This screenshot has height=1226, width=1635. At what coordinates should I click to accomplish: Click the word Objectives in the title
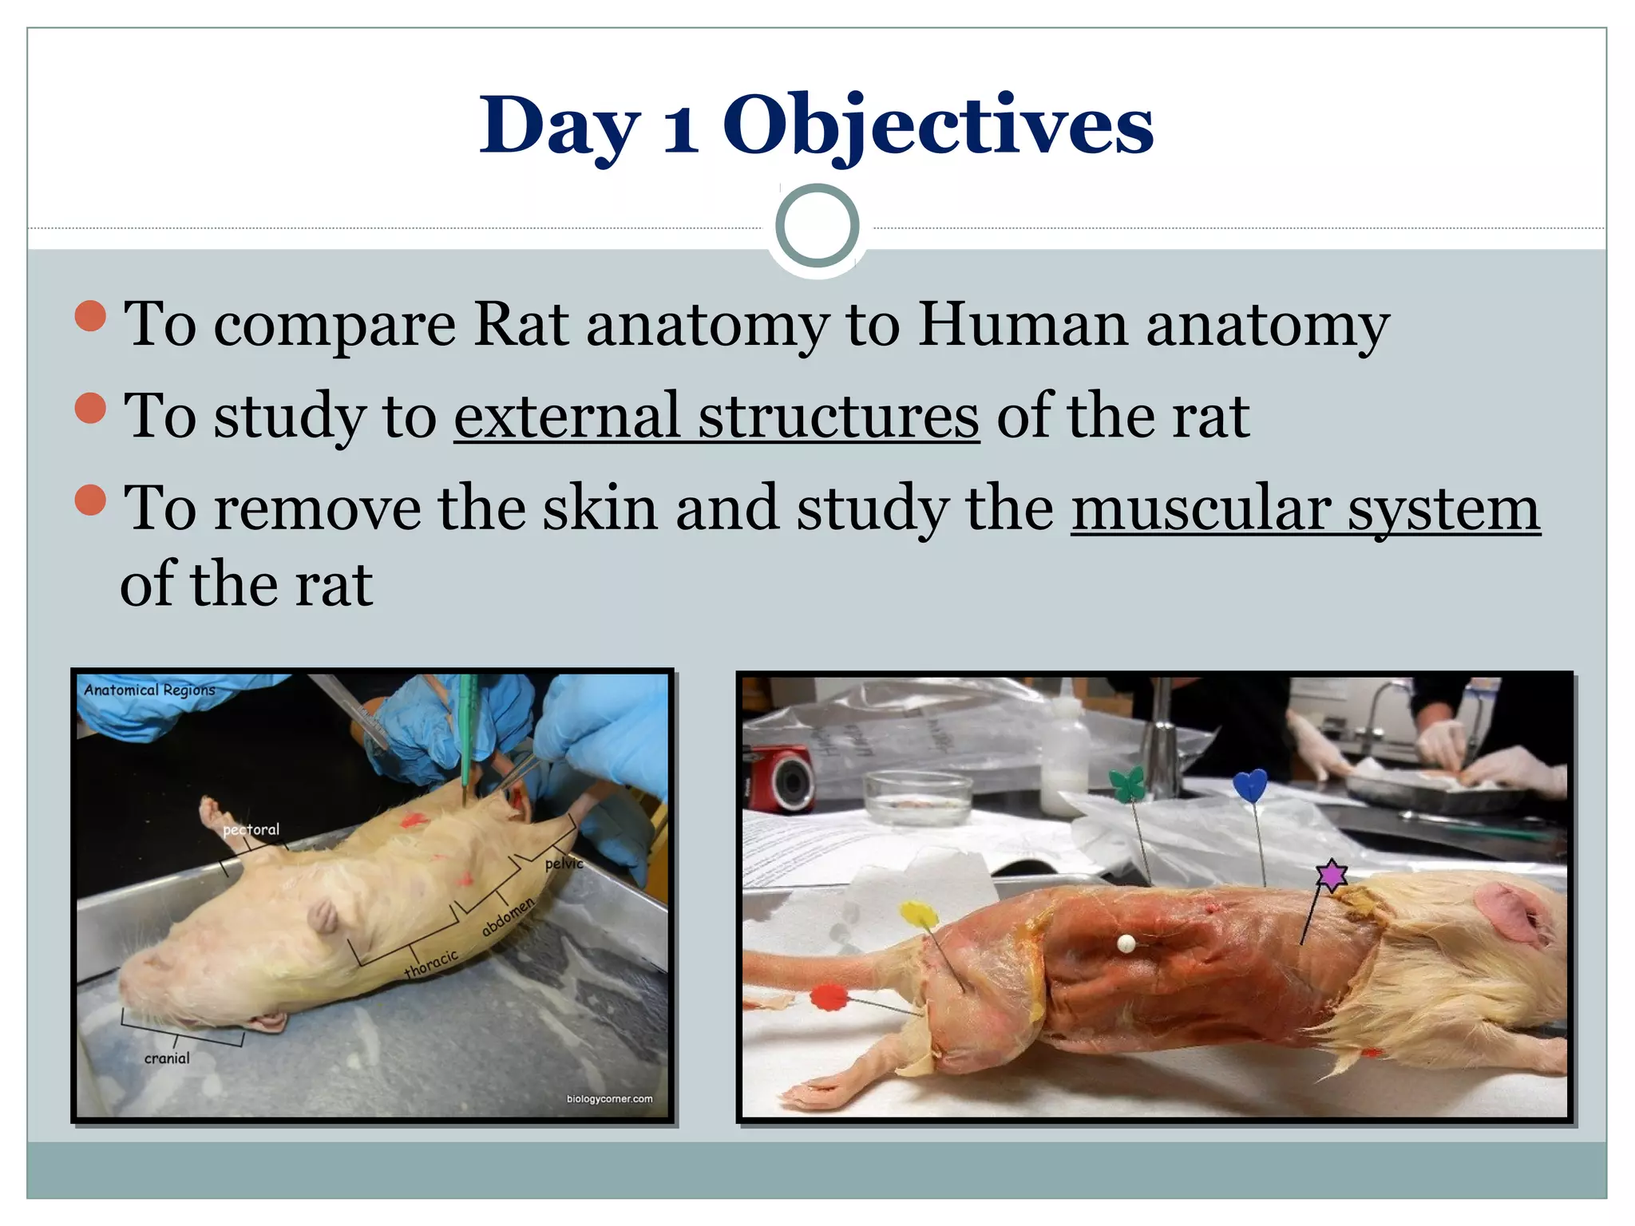click(x=938, y=126)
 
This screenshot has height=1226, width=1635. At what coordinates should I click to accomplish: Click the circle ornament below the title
click(x=817, y=226)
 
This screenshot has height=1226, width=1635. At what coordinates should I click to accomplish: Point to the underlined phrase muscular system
click(x=1305, y=508)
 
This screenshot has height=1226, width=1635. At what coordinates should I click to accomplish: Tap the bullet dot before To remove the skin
click(x=90, y=500)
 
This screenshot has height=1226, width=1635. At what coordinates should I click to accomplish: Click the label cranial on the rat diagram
click(x=167, y=1058)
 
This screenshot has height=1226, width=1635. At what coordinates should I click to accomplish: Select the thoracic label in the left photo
click(x=431, y=963)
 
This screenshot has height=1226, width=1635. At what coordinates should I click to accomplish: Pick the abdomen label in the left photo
click(x=508, y=916)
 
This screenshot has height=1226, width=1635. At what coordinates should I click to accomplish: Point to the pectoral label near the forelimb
click(x=251, y=829)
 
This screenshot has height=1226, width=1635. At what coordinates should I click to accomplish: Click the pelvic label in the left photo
click(x=564, y=864)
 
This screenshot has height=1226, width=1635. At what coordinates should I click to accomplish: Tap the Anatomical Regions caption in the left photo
click(x=149, y=690)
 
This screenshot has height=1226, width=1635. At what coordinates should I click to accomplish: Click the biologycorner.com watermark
click(x=609, y=1099)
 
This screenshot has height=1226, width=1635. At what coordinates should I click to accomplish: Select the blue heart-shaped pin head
click(x=1249, y=785)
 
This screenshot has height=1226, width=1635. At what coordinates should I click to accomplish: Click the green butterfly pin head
click(x=1126, y=783)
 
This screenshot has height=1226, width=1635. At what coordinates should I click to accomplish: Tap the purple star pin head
click(x=1331, y=876)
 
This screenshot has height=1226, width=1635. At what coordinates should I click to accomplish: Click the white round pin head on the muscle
click(x=1126, y=944)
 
